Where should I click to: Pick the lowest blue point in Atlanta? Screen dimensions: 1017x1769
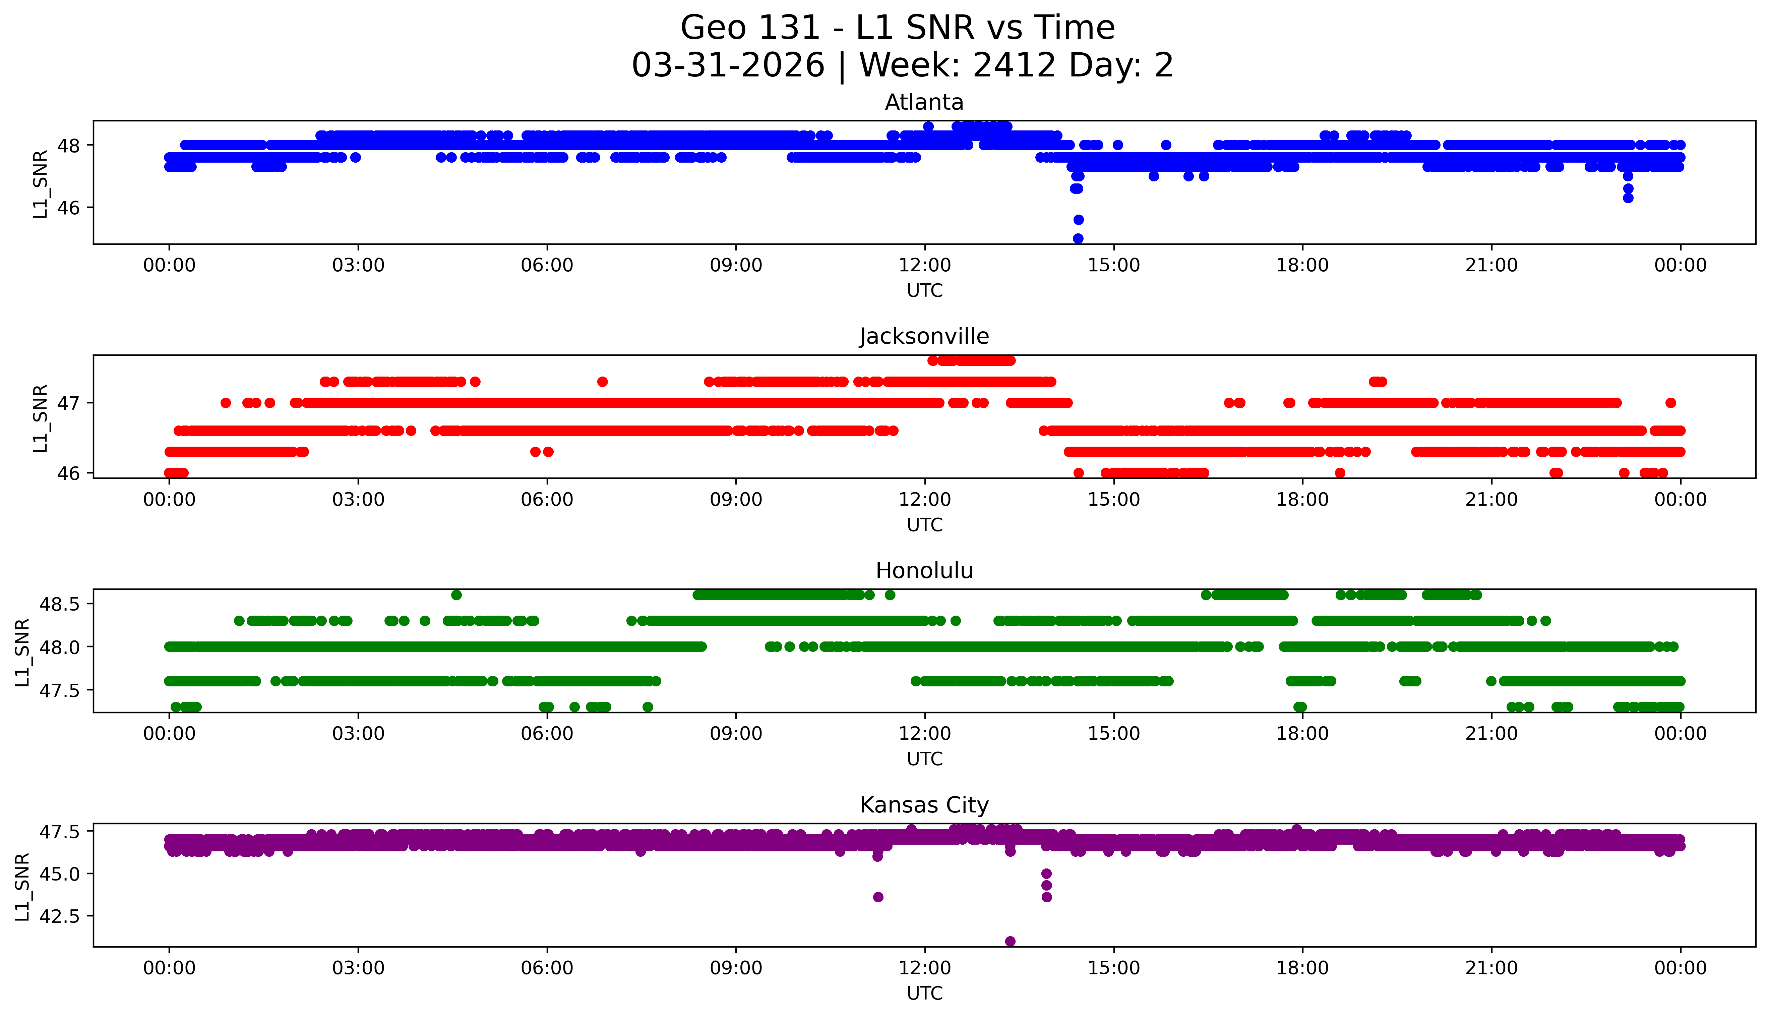click(x=1078, y=238)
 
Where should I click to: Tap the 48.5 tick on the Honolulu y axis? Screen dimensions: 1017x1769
click(x=61, y=604)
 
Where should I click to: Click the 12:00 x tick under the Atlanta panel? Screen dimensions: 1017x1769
click(x=924, y=266)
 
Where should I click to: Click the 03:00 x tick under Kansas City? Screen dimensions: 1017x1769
click(x=358, y=968)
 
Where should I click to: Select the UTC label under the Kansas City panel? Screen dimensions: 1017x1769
click(x=924, y=993)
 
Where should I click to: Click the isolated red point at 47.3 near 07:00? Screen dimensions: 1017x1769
click(x=603, y=381)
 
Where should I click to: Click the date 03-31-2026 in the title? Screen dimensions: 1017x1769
click(x=728, y=66)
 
